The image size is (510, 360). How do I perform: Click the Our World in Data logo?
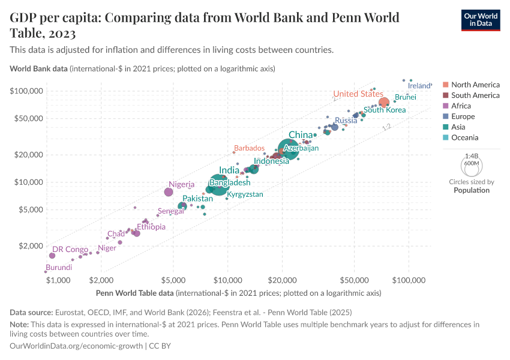coord(480,20)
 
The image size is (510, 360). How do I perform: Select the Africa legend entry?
coord(461,106)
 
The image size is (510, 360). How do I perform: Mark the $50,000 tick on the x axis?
coord(354,281)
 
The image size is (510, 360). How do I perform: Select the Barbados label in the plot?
coord(249,148)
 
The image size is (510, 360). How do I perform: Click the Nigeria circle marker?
coord(169,192)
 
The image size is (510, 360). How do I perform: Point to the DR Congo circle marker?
coord(52,256)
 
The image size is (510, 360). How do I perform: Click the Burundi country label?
coord(59,268)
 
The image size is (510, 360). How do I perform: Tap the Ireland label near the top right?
coord(419,86)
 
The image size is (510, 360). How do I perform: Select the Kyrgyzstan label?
coord(245,194)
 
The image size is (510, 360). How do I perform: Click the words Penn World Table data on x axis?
coord(135,293)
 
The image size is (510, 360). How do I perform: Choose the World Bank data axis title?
coord(38,68)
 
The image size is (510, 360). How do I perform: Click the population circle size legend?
coord(471,164)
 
